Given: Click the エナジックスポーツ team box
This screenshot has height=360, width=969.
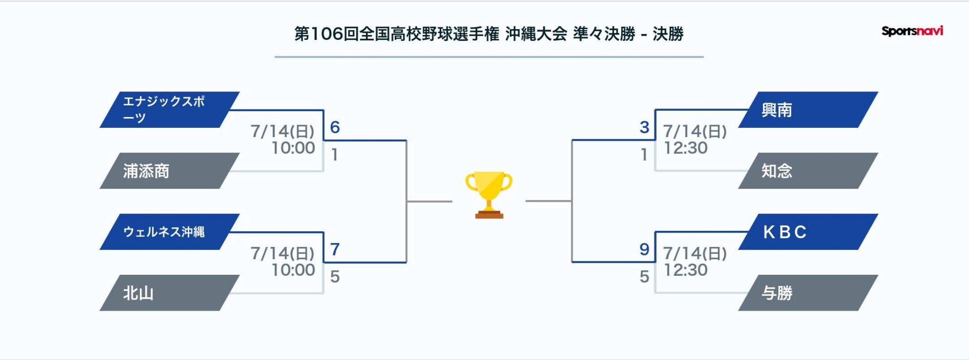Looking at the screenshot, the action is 169,110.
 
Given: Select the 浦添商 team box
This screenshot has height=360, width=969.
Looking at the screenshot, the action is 169,171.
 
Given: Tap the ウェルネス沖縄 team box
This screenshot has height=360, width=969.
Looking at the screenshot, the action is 169,232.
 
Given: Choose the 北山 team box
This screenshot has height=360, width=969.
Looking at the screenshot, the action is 169,293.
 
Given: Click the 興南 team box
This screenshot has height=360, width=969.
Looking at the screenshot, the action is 808,110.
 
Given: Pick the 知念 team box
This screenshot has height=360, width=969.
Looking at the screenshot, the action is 808,171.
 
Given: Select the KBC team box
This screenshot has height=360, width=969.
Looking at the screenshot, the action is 808,232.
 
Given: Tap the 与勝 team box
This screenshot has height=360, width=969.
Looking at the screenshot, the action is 808,293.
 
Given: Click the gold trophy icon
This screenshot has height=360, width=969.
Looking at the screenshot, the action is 489,195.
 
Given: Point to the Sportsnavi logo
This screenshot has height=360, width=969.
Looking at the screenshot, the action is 912,31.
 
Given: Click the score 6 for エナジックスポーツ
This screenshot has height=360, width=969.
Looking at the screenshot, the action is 335,127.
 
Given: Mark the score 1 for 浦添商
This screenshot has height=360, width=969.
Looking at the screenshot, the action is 334,155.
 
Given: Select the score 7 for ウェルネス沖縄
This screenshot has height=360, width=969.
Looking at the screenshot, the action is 335,249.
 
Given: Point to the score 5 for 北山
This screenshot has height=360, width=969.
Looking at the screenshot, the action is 335,277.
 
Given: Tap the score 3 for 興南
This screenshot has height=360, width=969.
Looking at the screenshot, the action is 645,127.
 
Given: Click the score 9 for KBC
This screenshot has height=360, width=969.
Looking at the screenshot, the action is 645,249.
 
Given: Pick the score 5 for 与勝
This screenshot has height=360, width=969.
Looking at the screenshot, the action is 645,277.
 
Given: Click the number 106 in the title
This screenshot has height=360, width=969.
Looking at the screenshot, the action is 327,34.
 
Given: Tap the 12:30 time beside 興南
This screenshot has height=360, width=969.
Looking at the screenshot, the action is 686,148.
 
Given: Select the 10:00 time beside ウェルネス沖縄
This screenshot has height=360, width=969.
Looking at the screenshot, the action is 294,270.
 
